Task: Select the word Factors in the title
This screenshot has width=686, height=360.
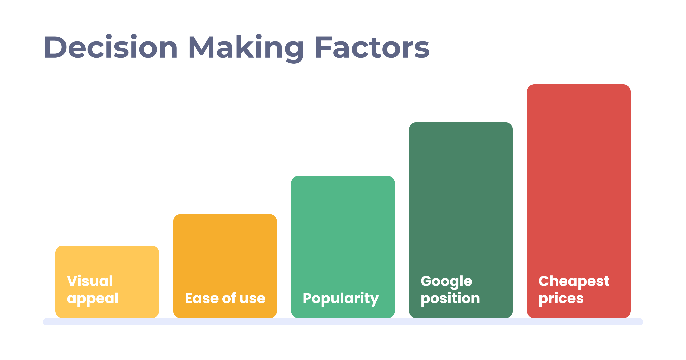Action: click(x=372, y=47)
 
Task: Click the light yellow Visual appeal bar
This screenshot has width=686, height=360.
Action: click(x=107, y=282)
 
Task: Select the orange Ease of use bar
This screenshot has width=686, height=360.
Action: click(x=225, y=266)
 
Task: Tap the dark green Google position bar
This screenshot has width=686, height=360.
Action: click(x=461, y=220)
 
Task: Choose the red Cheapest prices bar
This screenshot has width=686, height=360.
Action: click(x=579, y=201)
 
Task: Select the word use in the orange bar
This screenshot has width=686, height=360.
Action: click(x=252, y=299)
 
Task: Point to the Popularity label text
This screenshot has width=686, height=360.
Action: click(x=341, y=299)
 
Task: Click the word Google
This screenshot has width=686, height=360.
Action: click(x=446, y=282)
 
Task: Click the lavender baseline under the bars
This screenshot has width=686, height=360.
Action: click(x=343, y=322)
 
